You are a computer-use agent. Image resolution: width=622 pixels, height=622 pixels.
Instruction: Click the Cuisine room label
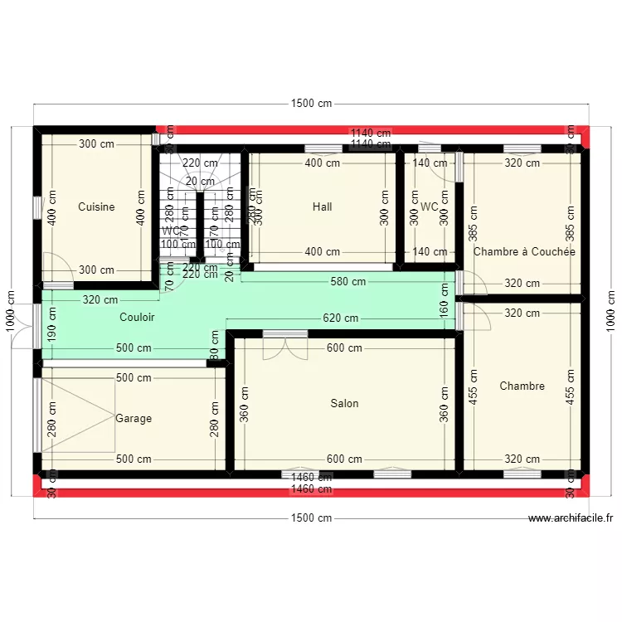tap(96, 207)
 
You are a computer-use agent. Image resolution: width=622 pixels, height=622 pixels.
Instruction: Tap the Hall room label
tap(322, 207)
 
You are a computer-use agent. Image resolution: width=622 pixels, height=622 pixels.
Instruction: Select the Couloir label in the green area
tap(137, 317)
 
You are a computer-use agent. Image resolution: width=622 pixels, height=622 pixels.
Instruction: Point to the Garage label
tap(134, 419)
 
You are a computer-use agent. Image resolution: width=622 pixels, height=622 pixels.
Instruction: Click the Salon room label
tap(344, 404)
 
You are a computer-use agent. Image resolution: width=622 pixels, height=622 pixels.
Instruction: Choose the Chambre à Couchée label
tap(523, 252)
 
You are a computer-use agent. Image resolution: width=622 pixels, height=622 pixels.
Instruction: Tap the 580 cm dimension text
tap(348, 281)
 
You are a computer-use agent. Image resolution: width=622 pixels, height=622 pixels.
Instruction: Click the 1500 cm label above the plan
tap(311, 104)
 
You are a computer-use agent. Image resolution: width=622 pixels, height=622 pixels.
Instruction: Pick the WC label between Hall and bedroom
tap(429, 207)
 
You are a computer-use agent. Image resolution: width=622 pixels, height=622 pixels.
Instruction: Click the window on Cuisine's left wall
tap(36, 207)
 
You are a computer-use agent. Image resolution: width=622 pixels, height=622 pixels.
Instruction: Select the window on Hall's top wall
tap(323, 149)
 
